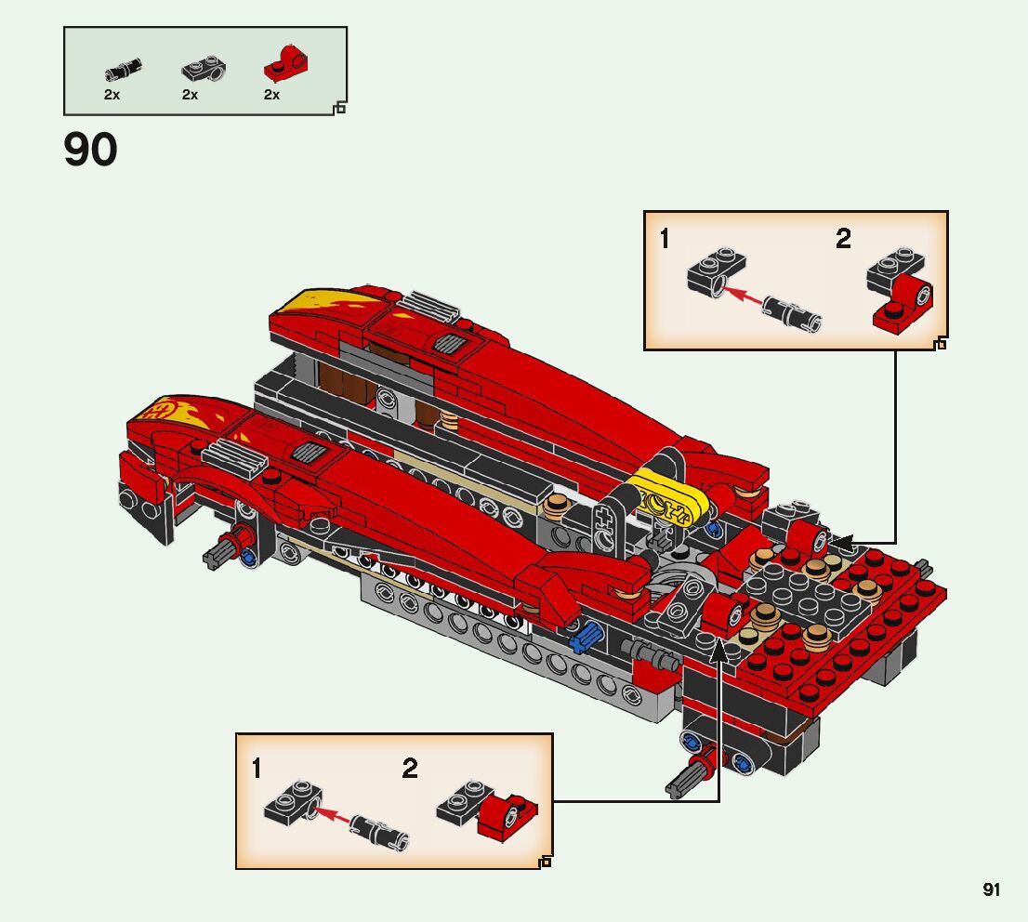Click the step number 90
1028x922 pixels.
click(x=90, y=151)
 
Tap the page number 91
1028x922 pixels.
click(x=992, y=890)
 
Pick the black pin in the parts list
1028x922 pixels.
click(x=123, y=69)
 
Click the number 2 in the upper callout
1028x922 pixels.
click(x=843, y=239)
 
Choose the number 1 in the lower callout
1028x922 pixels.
click(x=257, y=769)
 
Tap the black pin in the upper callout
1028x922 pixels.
click(x=791, y=311)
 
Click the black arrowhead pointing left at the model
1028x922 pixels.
click(x=838, y=543)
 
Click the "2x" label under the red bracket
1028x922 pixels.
click(x=271, y=95)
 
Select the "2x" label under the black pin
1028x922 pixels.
click(x=112, y=95)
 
